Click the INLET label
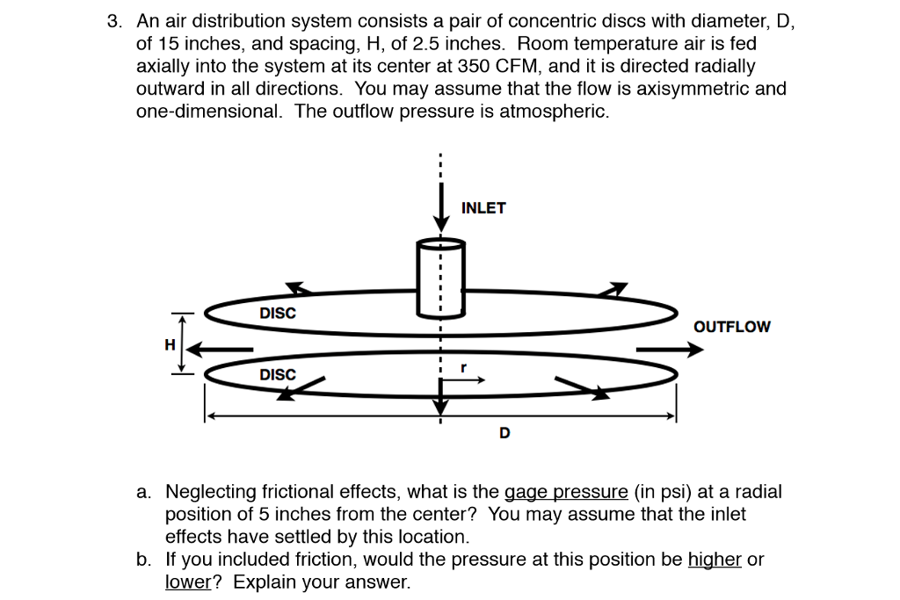click(483, 208)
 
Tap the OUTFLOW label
click(731, 327)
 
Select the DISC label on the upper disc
click(278, 313)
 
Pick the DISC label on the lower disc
click(278, 375)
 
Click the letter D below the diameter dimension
click(504, 432)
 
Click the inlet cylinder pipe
click(441, 276)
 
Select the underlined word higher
click(715, 560)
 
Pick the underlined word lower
click(187, 582)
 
